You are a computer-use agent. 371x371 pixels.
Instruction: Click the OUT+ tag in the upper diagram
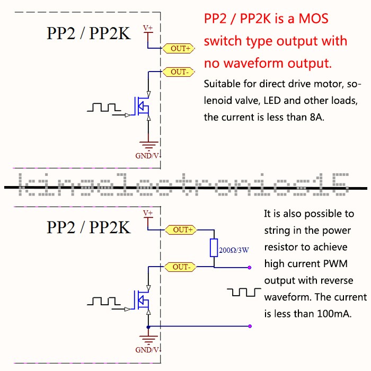pyautogui.click(x=180, y=48)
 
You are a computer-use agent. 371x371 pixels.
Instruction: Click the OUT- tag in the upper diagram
pyautogui.click(x=179, y=72)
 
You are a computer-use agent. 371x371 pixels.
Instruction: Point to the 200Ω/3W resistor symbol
pyautogui.click(x=214, y=248)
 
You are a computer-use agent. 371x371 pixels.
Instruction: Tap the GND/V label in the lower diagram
pyautogui.click(x=147, y=350)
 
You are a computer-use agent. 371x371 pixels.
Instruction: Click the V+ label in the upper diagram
pyautogui.click(x=148, y=28)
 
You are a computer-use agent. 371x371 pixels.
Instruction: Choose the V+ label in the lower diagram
pyautogui.click(x=148, y=213)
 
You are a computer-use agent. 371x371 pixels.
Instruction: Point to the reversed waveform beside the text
pyautogui.click(x=244, y=293)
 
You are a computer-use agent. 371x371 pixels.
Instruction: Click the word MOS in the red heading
pyautogui.click(x=313, y=19)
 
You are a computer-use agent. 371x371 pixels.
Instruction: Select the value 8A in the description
pyautogui.click(x=313, y=117)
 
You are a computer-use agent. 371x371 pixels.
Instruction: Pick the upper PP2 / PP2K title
pyautogui.click(x=88, y=33)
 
